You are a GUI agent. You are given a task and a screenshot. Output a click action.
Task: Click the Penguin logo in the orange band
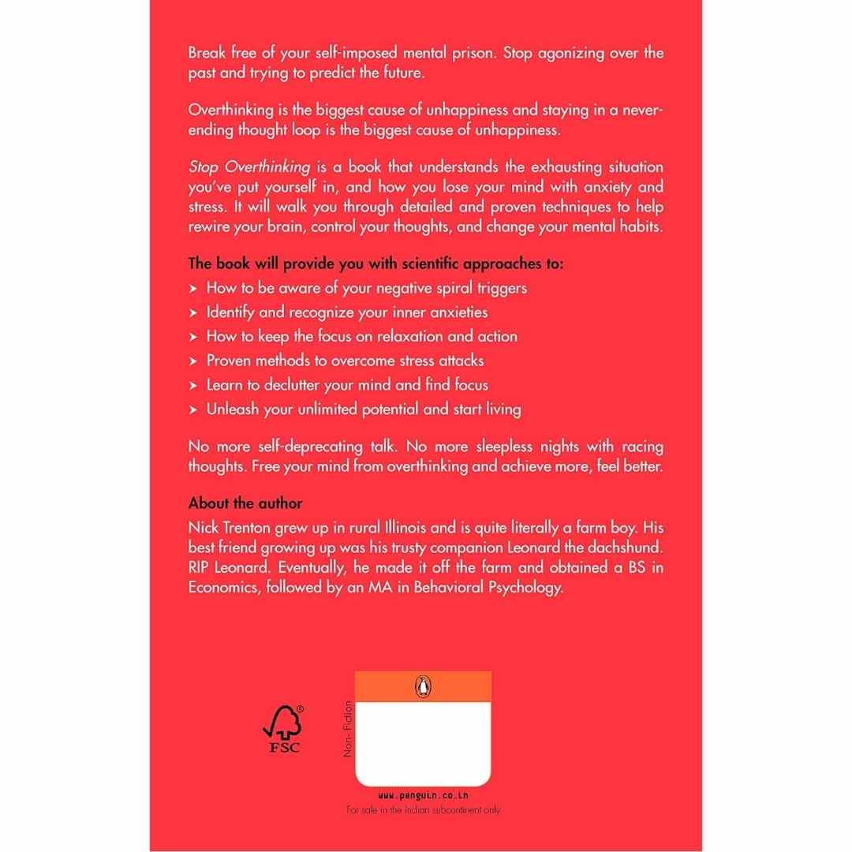[x=423, y=686]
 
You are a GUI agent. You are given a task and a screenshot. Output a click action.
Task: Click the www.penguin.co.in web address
[x=423, y=796]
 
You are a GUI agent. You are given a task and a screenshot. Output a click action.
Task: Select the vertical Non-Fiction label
[x=347, y=730]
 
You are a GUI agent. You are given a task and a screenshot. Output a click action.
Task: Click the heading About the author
[x=245, y=503]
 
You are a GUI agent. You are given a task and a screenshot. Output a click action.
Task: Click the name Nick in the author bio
[x=203, y=525]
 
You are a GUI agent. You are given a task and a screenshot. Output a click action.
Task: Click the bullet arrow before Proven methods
[x=193, y=361]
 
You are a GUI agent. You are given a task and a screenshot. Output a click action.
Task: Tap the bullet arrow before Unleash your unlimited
[x=193, y=409]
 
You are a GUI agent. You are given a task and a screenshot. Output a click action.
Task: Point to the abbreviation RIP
[x=201, y=566]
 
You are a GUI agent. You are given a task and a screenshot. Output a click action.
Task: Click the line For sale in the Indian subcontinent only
[x=423, y=810]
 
